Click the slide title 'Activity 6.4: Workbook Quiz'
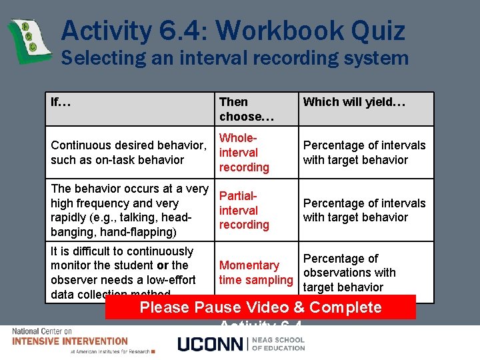click(233, 31)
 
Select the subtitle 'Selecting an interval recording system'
click(235, 58)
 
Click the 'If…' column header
click(61, 102)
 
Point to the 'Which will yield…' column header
click(354, 102)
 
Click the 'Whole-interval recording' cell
click(244, 153)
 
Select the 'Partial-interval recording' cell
click(244, 211)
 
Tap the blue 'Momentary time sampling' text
click(255, 273)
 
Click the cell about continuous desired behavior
click(128, 153)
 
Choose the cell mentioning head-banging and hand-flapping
click(129, 211)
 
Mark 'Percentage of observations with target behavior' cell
click(349, 273)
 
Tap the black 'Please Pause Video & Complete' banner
click(260, 307)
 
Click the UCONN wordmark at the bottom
click(211, 344)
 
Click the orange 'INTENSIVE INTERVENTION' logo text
click(70, 341)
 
